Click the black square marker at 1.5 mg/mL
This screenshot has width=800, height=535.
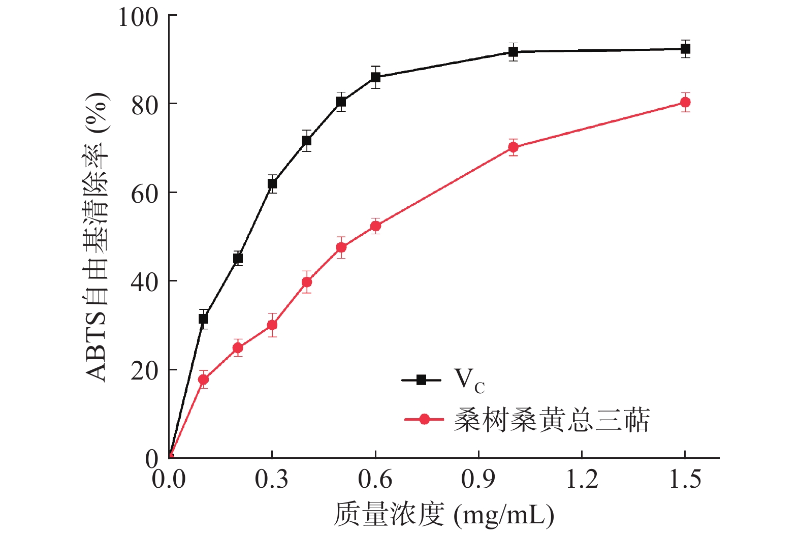pyautogui.click(x=685, y=49)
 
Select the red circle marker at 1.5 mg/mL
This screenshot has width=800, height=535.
pyautogui.click(x=685, y=102)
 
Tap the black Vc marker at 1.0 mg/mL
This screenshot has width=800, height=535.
pyautogui.click(x=513, y=52)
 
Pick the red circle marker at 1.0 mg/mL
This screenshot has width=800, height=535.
pyautogui.click(x=513, y=147)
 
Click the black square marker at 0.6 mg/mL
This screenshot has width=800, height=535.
pyautogui.click(x=375, y=77)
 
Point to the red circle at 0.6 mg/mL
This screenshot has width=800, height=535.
pyautogui.click(x=375, y=226)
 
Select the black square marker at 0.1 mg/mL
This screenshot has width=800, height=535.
pyautogui.click(x=203, y=319)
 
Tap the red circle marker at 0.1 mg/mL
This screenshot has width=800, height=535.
pyautogui.click(x=203, y=380)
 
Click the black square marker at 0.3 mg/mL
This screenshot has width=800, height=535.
pyautogui.click(x=272, y=183)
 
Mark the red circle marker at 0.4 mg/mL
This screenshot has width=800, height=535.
pyautogui.click(x=307, y=282)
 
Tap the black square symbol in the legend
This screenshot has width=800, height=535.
pyautogui.click(x=421, y=380)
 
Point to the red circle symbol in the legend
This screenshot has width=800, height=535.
pyautogui.click(x=425, y=419)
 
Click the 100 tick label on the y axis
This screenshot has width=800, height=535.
pyautogui.click(x=138, y=16)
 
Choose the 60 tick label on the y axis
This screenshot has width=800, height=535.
pyautogui.click(x=144, y=193)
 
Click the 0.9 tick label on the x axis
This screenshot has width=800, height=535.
pyautogui.click(x=478, y=480)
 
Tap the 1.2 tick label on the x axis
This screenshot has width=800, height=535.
pyautogui.click(x=582, y=480)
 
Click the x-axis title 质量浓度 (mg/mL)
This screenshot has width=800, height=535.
pyautogui.click(x=443, y=515)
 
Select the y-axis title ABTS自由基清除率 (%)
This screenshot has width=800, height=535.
pyautogui.click(x=97, y=237)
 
